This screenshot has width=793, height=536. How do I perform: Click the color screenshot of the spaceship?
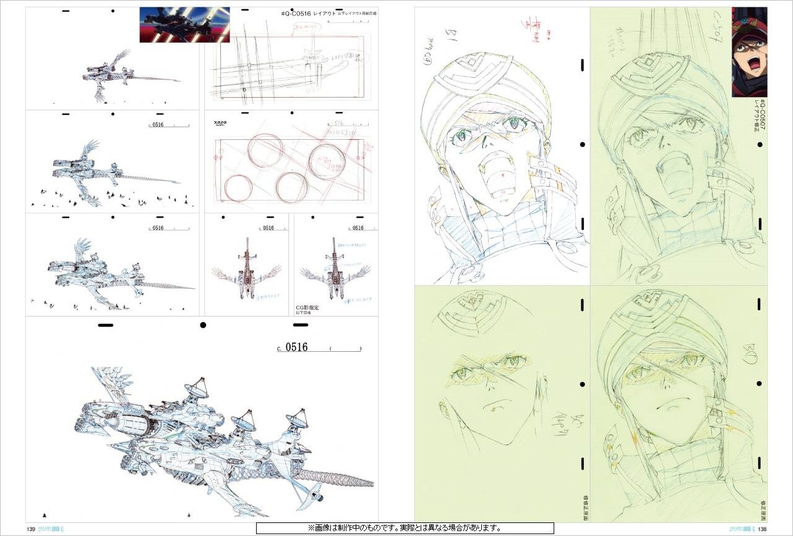coord(184,25)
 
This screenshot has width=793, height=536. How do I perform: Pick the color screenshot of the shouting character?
coord(749,52)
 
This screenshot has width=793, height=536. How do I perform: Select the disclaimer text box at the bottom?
coord(405,529)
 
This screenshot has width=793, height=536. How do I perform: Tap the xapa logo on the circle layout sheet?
coord(220,124)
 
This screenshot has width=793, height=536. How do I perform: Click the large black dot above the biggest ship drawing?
coord(202,325)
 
